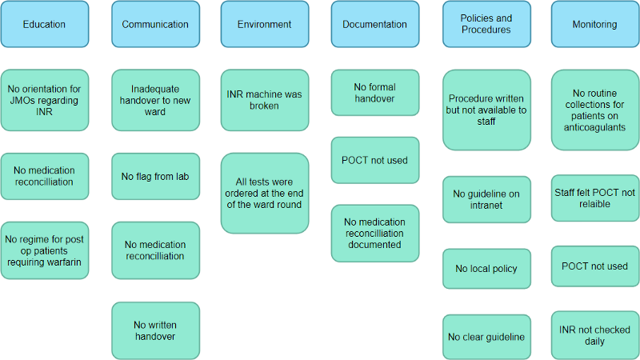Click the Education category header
[x=44, y=24]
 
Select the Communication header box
[x=155, y=24]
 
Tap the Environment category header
[x=265, y=24]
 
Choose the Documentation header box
[x=374, y=24]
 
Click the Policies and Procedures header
[x=486, y=24]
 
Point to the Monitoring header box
[x=594, y=24]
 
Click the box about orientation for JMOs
[x=44, y=100]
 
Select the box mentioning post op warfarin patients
[x=44, y=250]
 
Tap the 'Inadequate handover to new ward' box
[x=155, y=100]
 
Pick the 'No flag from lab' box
[x=155, y=176]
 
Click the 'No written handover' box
[x=155, y=330]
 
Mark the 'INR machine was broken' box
[x=265, y=100]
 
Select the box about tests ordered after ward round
[x=265, y=193]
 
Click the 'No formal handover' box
[x=374, y=93]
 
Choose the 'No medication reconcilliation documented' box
[x=374, y=233]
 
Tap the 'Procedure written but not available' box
[x=486, y=110]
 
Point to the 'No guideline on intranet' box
[x=486, y=199]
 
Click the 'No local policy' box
[x=486, y=269]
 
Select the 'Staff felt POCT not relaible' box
[x=594, y=198]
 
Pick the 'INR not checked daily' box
[x=594, y=335]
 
